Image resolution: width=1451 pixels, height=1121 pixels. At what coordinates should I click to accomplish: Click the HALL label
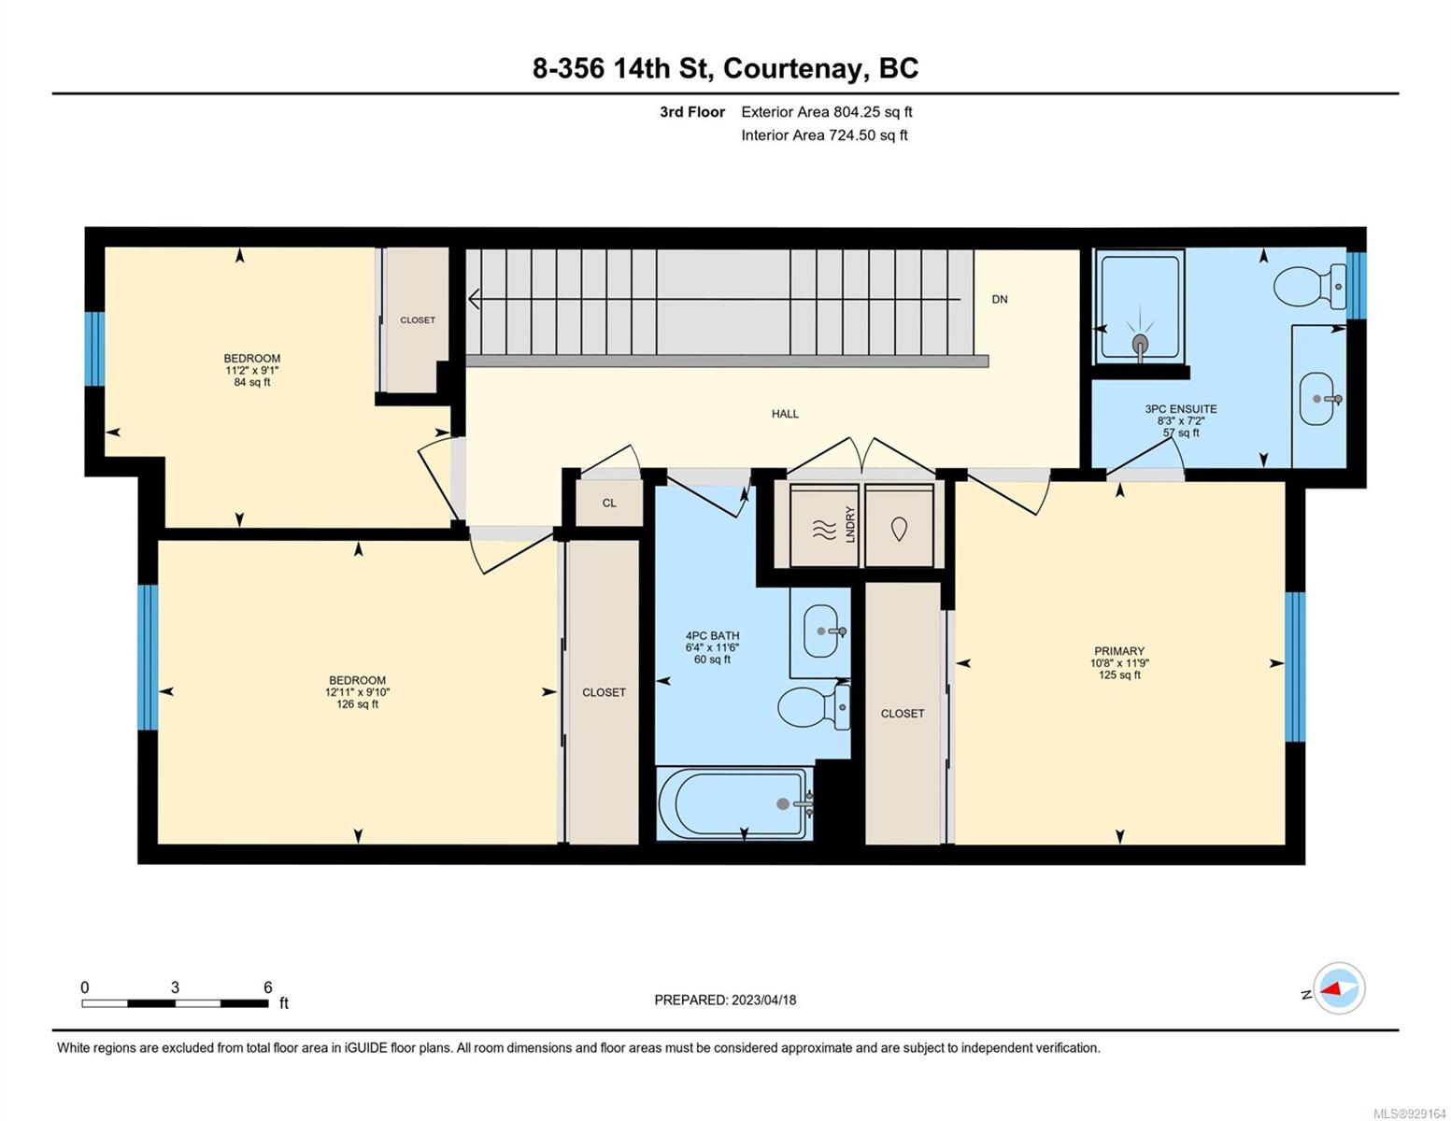(785, 414)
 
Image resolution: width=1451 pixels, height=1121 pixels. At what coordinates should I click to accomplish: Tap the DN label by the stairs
(999, 299)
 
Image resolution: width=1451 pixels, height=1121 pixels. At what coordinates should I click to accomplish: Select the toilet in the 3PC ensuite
(1309, 287)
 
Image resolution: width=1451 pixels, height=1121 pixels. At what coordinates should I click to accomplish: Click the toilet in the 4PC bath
(813, 707)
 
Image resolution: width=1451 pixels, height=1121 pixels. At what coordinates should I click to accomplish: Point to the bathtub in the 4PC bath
(735, 803)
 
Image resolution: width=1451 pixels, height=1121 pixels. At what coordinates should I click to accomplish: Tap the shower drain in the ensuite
(1139, 344)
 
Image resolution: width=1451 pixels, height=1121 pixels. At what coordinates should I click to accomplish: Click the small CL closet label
(609, 503)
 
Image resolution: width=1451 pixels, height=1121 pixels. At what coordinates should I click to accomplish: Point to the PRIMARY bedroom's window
(1295, 666)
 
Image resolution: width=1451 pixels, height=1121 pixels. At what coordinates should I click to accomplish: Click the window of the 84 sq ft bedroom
(94, 348)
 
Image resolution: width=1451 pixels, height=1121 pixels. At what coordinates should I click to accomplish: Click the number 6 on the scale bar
(268, 986)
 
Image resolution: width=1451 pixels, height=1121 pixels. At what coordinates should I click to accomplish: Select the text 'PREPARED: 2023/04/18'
(724, 1000)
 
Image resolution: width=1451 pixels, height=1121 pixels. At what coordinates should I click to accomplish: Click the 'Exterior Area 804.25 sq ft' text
(826, 112)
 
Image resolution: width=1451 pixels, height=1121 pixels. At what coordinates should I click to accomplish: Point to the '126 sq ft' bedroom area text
(357, 703)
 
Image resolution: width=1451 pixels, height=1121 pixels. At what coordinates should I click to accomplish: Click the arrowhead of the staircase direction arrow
(474, 299)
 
